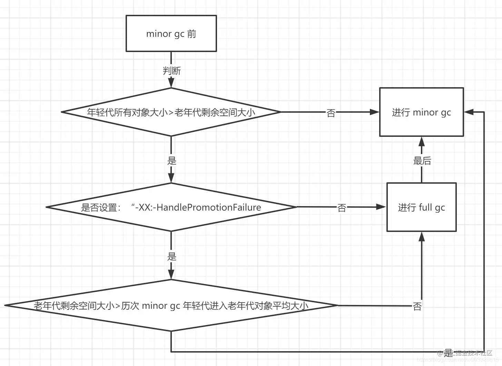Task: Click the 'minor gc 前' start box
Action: [x=171, y=34]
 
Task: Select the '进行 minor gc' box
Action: [x=421, y=112]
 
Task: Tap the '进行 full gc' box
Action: [x=421, y=207]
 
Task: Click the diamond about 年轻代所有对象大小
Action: [x=171, y=112]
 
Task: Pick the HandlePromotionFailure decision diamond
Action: [x=171, y=207]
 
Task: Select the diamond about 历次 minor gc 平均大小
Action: [x=171, y=305]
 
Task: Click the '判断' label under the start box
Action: [x=171, y=71]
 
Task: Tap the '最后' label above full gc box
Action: [x=422, y=161]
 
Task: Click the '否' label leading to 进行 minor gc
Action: [x=331, y=113]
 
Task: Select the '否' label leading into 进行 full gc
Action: [x=342, y=207]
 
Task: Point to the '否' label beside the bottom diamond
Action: [x=417, y=306]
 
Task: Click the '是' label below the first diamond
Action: [x=171, y=160]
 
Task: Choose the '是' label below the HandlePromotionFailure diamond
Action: [x=171, y=256]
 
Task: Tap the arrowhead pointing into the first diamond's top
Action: [x=171, y=83]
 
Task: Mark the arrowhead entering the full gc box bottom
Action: [x=421, y=237]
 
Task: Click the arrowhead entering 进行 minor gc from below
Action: [x=421, y=141]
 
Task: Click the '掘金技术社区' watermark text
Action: [x=473, y=353]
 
